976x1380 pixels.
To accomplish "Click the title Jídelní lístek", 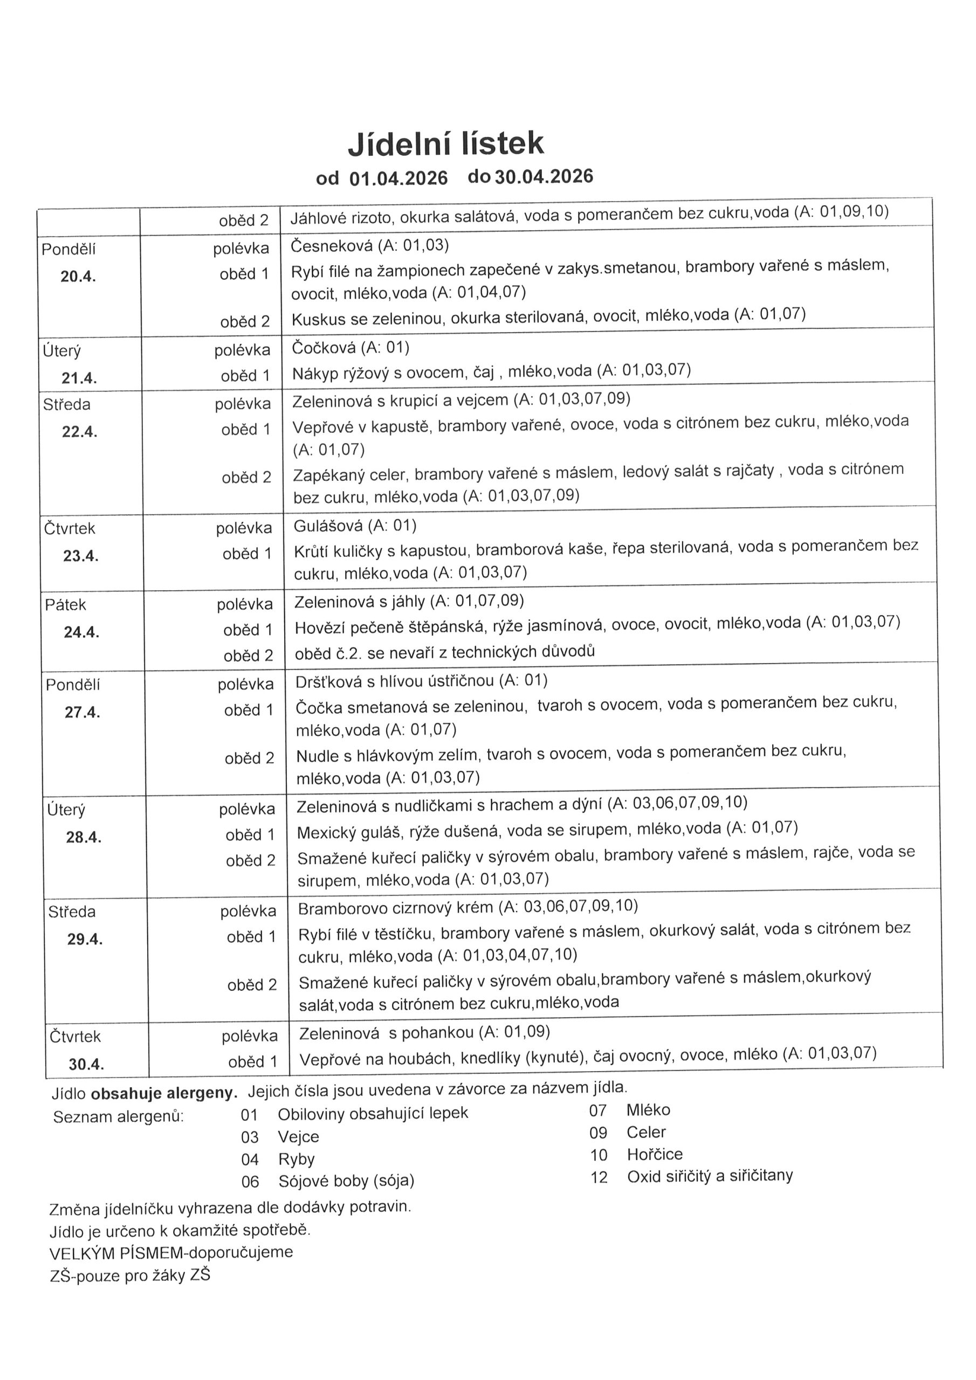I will point(445,143).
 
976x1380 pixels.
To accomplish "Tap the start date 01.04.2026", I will point(398,178).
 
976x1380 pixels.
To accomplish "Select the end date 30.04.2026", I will point(544,177).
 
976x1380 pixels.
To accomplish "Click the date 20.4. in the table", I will point(78,277).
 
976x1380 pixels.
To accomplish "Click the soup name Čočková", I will point(325,348).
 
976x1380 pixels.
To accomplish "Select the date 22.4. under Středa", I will point(80,432).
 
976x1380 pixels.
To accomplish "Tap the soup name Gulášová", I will point(328,527).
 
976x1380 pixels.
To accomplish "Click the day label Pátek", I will point(66,605).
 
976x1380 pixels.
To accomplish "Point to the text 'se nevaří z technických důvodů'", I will point(480,652).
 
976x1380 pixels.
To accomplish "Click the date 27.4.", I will point(83,713).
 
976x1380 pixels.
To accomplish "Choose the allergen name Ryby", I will point(297,1159).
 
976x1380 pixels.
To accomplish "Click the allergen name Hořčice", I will point(655,1154).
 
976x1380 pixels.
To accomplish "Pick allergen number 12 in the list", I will point(599,1177).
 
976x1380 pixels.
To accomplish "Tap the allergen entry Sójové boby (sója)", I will point(346,1181).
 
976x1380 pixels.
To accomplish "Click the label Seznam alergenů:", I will point(119,1117).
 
